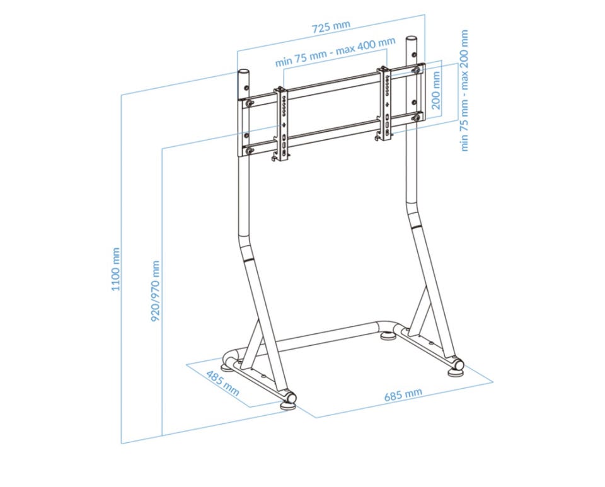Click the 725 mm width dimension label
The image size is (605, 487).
(331, 26)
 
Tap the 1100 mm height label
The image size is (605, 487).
(116, 269)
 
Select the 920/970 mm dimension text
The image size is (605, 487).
(156, 291)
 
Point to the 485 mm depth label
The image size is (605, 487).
(222, 383)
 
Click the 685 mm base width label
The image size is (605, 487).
(403, 394)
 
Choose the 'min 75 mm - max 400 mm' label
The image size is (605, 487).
(335, 52)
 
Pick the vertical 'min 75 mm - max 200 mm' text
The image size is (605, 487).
(464, 91)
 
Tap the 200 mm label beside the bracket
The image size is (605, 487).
(436, 91)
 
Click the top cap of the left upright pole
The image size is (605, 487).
(243, 72)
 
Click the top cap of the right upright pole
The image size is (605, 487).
(411, 39)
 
